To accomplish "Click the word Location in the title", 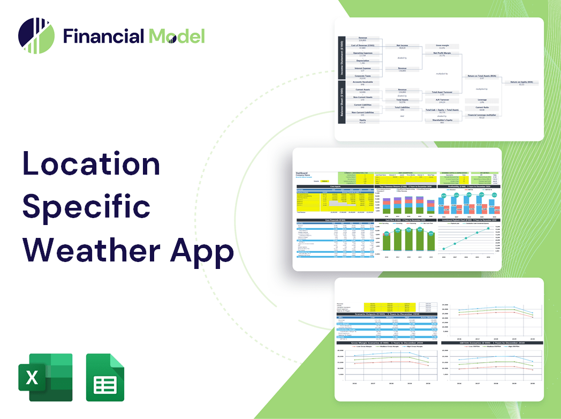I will (x=91, y=164).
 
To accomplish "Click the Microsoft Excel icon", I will (x=45, y=377).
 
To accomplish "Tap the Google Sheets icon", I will (x=105, y=377).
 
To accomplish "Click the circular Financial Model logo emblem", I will (x=36, y=36).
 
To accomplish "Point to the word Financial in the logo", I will (x=103, y=36).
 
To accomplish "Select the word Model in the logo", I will (x=176, y=36).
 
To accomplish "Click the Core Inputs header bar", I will (x=335, y=187).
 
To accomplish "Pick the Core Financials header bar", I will (x=335, y=220).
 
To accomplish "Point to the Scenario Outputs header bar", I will (x=386, y=314).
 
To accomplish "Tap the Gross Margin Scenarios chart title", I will (x=386, y=342).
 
